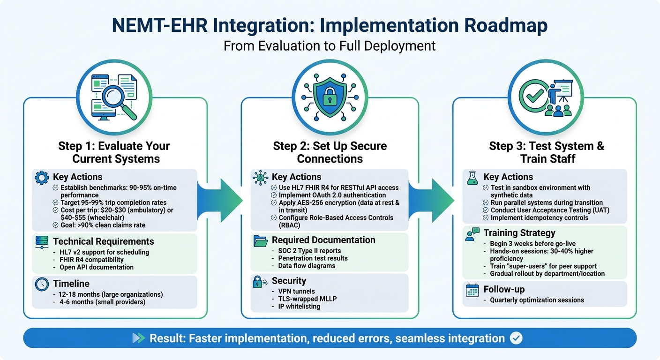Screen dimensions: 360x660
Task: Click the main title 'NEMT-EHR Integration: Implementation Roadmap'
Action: [330, 26]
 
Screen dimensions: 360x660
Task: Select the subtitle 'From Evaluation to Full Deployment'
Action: [330, 46]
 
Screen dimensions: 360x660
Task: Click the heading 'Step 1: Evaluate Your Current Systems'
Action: [114, 152]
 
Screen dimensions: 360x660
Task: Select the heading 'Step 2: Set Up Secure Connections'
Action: [330, 152]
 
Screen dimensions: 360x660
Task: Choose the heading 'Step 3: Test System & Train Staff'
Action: [546, 152]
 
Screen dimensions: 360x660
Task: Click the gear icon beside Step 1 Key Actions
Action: [42, 177]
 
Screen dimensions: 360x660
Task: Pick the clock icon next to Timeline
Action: [42, 284]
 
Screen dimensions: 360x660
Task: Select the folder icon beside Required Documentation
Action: [260, 240]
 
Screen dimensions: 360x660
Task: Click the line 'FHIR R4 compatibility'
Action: [91, 260]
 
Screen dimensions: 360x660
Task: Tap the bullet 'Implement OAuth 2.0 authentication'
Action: [332, 195]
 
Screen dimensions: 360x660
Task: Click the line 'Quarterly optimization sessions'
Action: [537, 300]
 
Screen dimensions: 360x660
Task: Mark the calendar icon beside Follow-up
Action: [472, 290]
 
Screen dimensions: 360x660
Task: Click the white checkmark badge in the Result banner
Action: [516, 338]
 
